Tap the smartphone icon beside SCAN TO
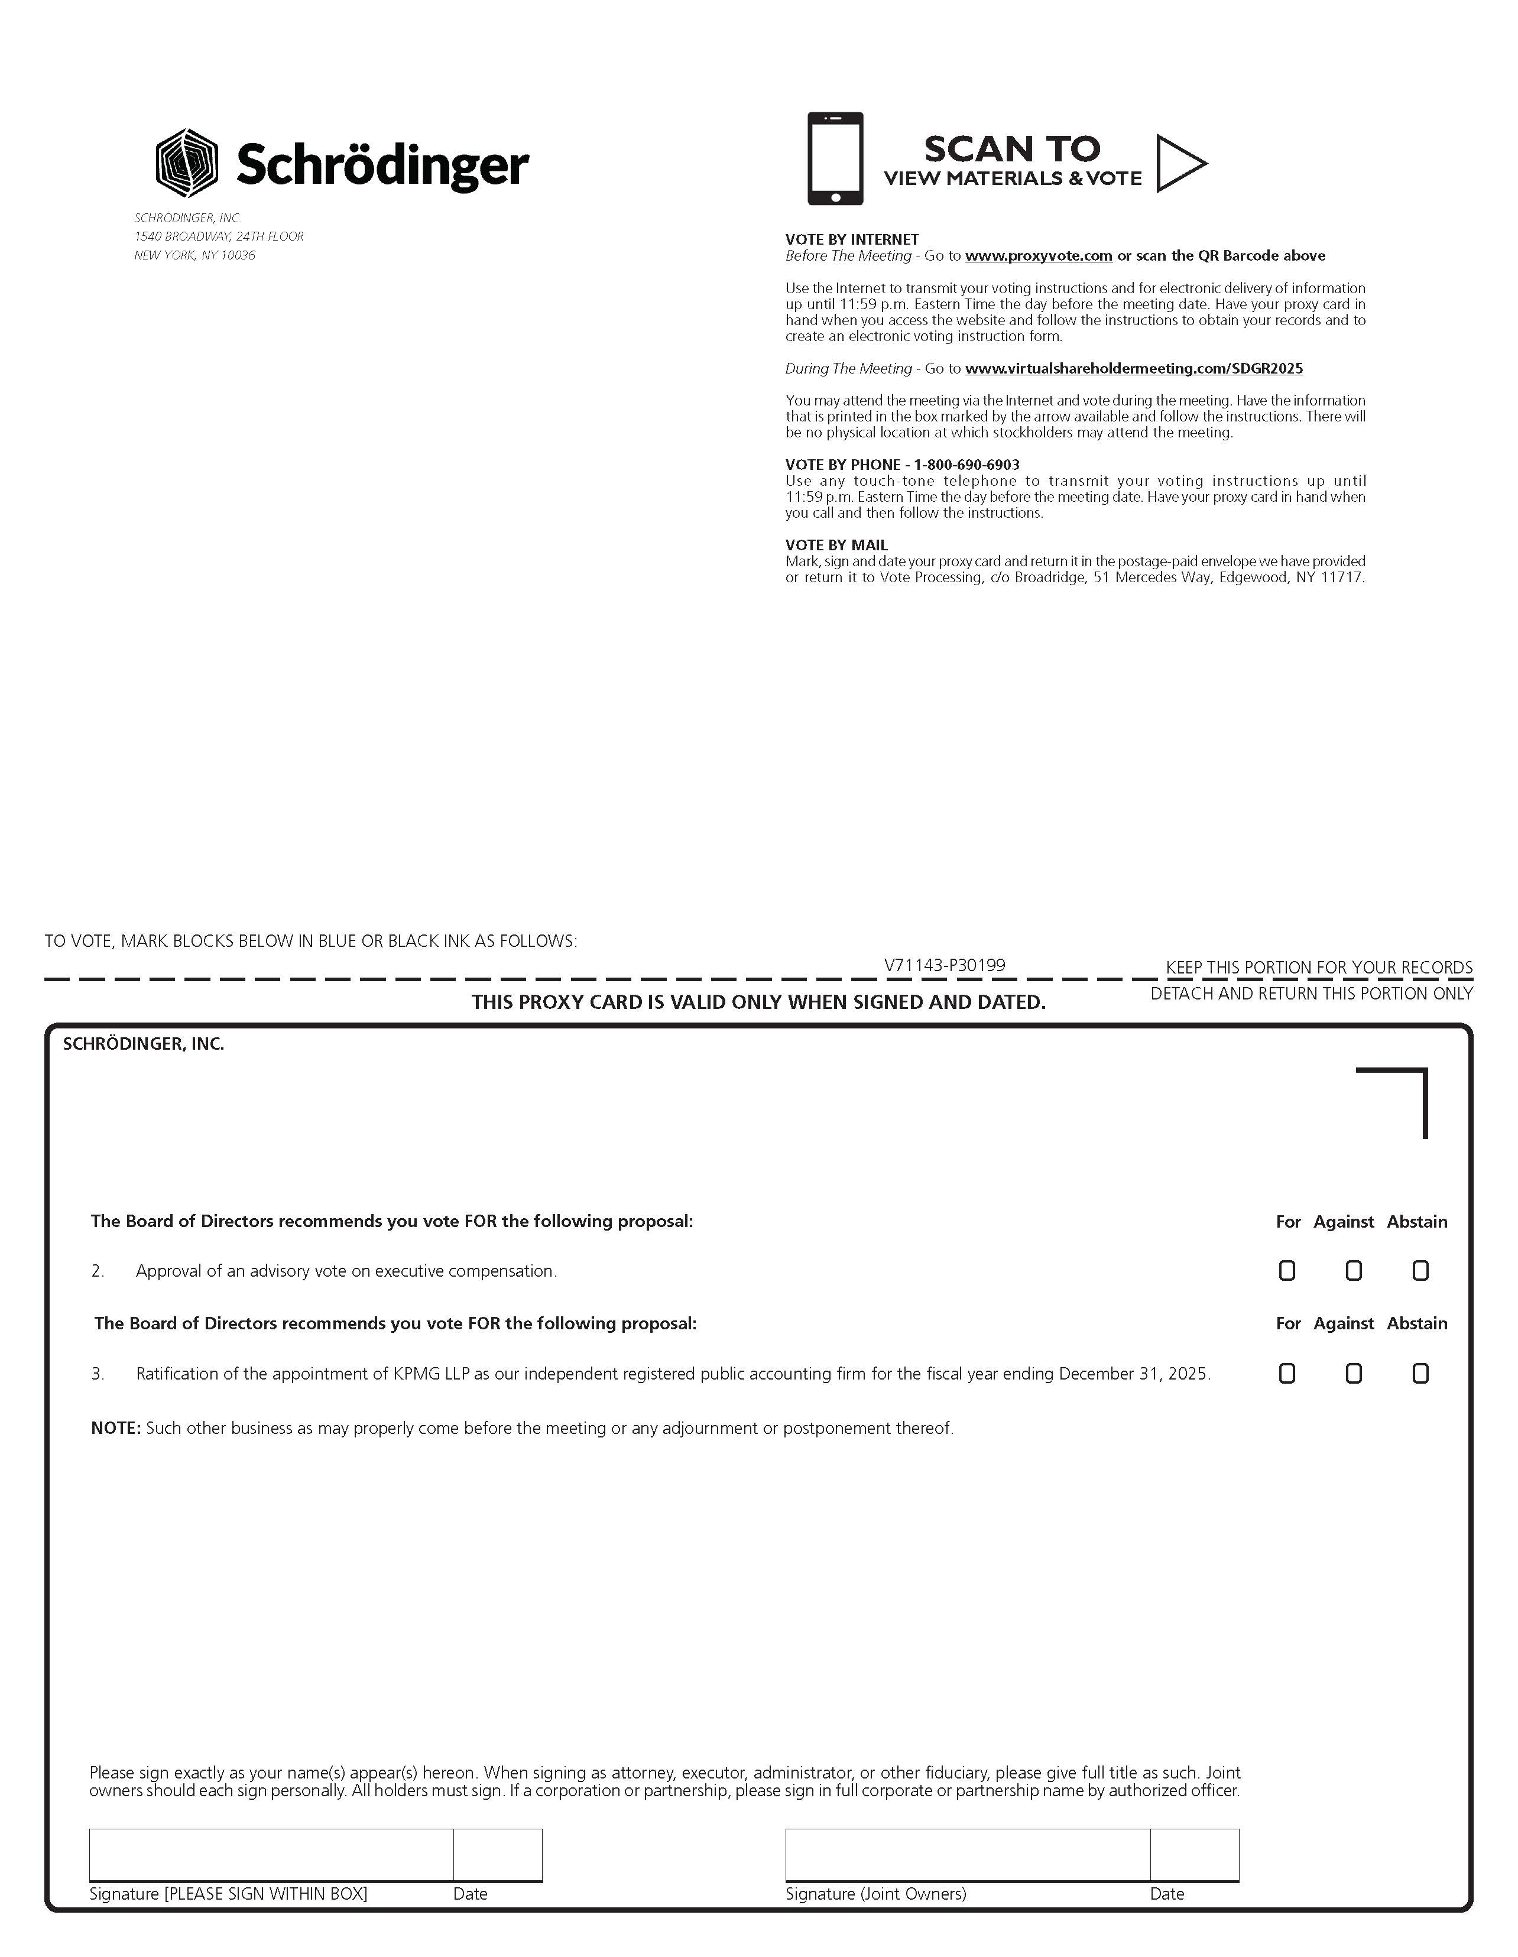834,158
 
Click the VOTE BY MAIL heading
836,545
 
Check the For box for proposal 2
1287,1271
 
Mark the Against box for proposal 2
1353,1271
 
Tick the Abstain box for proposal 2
1420,1271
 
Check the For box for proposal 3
1287,1374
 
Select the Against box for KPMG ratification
1353,1374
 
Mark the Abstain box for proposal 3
1420,1374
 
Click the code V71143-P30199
945,965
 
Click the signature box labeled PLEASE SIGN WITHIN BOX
271,1854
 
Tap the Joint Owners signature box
967,1854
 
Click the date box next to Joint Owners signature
1195,1854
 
